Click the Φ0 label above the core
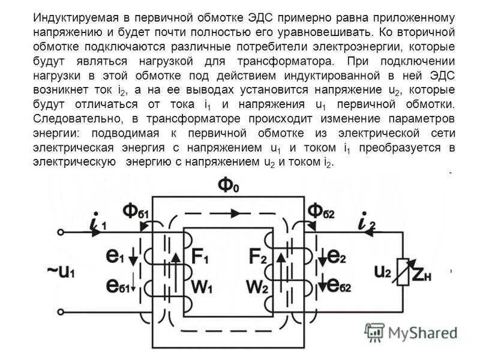point(229,185)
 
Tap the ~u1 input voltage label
point(62,271)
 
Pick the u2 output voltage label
point(384,271)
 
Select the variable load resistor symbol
point(411,271)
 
